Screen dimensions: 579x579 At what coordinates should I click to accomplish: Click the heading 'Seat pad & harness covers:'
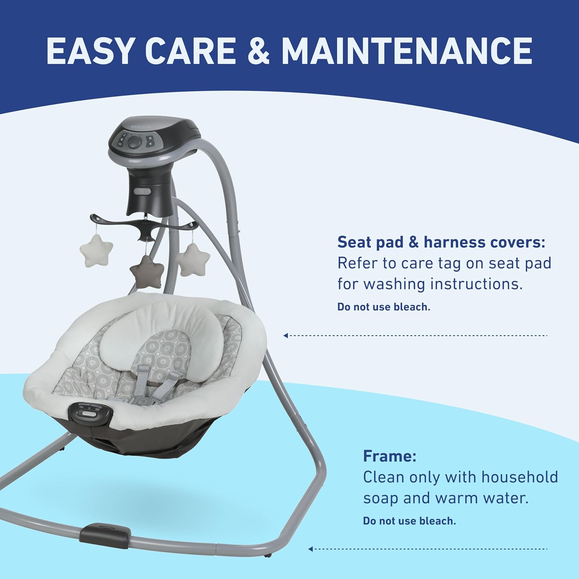coord(441,242)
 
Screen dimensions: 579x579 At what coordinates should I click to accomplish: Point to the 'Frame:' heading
coord(389,456)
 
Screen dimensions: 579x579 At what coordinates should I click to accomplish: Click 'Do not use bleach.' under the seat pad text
coord(384,307)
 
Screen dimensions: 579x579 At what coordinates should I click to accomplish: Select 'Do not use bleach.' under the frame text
coord(409,521)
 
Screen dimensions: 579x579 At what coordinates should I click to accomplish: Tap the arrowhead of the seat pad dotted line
coord(286,335)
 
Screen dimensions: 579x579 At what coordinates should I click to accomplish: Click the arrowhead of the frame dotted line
coord(311,549)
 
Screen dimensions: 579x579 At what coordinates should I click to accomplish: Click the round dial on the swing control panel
coord(134,144)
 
